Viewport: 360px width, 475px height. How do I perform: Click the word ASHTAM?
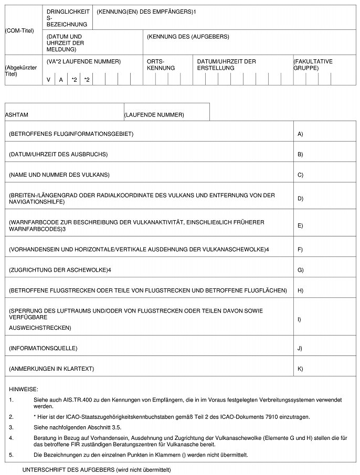(x=16, y=114)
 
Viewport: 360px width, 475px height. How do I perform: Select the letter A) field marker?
(x=300, y=134)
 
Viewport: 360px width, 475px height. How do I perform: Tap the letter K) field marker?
(x=300, y=369)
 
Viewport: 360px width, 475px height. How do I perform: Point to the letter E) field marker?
(x=300, y=225)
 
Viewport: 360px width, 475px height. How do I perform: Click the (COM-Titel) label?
(x=19, y=30)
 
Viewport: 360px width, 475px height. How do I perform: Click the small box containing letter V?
(x=48, y=80)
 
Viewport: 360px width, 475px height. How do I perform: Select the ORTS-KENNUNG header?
(x=157, y=64)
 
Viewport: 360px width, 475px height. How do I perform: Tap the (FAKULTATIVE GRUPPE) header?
(x=313, y=64)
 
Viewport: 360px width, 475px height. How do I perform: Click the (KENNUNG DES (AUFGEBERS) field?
(x=188, y=37)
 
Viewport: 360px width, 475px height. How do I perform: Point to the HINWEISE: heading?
(x=24, y=389)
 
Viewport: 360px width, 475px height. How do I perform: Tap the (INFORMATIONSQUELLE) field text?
(x=43, y=348)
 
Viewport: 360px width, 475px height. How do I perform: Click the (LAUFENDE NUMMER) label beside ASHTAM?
(x=154, y=114)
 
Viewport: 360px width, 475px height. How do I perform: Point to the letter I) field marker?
(x=300, y=319)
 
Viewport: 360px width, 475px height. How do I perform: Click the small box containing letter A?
(x=61, y=80)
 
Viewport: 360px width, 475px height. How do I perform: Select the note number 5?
(x=11, y=454)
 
